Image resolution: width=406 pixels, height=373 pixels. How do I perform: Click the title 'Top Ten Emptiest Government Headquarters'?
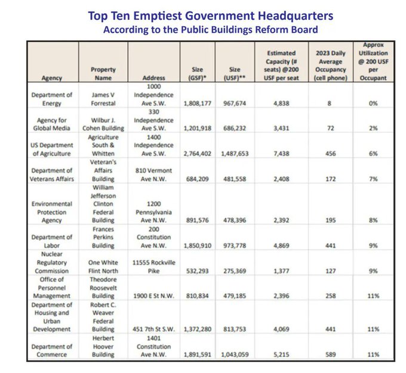pyautogui.click(x=202, y=15)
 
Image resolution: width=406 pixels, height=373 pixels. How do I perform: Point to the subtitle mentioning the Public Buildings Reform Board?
pyautogui.click(x=202, y=29)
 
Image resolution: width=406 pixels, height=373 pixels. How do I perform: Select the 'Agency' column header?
pyautogui.click(x=52, y=78)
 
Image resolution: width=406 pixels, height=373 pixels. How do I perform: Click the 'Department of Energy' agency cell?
pyautogui.click(x=52, y=99)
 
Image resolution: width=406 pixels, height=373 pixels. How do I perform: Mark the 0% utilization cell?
pyautogui.click(x=374, y=103)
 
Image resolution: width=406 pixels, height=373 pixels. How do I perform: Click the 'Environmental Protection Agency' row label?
pyautogui.click(x=52, y=212)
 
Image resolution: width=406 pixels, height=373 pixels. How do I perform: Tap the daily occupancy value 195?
pyautogui.click(x=330, y=220)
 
